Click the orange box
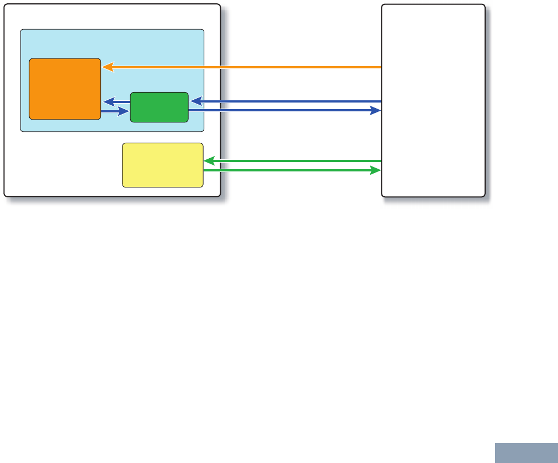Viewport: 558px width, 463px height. click(65, 88)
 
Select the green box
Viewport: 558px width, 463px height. click(159, 107)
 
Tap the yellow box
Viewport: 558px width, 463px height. click(162, 165)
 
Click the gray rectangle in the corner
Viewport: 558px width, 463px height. click(526, 453)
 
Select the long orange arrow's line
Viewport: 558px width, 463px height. click(248, 67)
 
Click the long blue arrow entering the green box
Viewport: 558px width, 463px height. click(287, 101)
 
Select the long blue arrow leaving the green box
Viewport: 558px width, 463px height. click(287, 111)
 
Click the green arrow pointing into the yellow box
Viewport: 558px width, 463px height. click(293, 161)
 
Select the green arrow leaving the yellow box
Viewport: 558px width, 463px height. click(293, 170)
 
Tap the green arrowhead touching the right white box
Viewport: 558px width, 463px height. click(376, 170)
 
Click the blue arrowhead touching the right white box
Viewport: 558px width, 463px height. click(376, 111)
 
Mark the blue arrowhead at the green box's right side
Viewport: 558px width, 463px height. click(195, 101)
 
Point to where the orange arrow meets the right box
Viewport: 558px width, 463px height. click(381, 67)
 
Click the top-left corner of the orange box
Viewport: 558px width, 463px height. click(30, 59)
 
